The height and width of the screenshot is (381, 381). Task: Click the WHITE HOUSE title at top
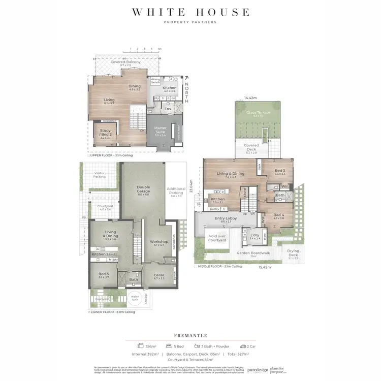190,12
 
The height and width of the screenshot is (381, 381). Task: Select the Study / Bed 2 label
105,134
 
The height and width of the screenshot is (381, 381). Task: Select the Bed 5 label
104,275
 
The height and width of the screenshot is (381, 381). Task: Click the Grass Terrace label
255,113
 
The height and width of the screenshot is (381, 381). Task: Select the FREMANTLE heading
190,335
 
